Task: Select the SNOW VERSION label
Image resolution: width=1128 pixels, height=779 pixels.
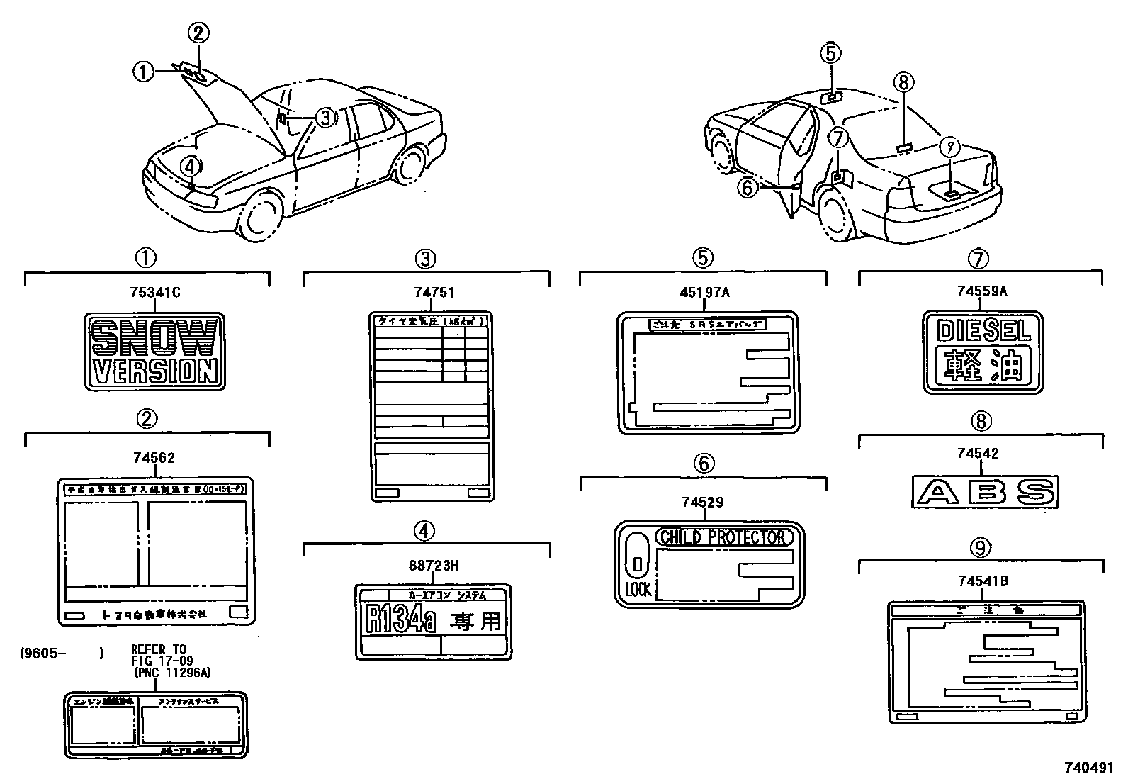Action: pyautogui.click(x=154, y=352)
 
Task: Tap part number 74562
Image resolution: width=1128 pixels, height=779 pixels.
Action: pyautogui.click(x=154, y=458)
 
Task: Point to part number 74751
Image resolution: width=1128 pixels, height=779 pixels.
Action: pyautogui.click(x=434, y=292)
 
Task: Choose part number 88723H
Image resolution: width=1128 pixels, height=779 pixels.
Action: pyautogui.click(x=434, y=565)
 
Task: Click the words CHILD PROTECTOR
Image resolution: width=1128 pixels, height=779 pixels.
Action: pyautogui.click(x=722, y=537)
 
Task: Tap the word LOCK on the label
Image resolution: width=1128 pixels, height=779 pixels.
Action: pyautogui.click(x=638, y=590)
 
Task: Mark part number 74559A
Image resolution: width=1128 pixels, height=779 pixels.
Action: pyautogui.click(x=981, y=291)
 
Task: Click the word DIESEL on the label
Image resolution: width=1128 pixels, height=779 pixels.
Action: pyautogui.click(x=983, y=331)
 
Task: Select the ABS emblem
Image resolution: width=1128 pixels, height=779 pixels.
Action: pyautogui.click(x=984, y=491)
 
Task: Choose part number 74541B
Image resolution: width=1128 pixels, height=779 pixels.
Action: pyautogui.click(x=983, y=581)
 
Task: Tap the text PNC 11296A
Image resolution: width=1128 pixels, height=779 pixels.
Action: pyautogui.click(x=171, y=673)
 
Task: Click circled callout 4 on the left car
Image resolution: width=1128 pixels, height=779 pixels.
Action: pyautogui.click(x=189, y=167)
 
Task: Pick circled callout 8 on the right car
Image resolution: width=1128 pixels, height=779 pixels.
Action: pyautogui.click(x=903, y=82)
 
